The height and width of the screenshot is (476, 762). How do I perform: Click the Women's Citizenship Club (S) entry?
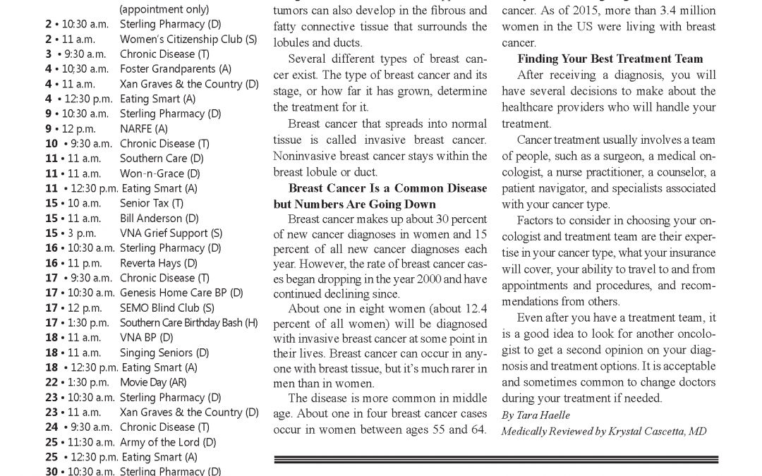click(x=188, y=39)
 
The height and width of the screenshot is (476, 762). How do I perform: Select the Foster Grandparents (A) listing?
click(x=175, y=68)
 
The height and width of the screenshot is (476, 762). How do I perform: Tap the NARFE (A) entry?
click(x=144, y=128)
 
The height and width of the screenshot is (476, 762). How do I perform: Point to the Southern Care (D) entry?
click(x=162, y=159)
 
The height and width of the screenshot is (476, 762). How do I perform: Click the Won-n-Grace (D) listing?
click(x=159, y=173)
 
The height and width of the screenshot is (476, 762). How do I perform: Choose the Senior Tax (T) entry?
click(x=152, y=203)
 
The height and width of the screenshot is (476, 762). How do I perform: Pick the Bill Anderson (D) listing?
click(x=159, y=219)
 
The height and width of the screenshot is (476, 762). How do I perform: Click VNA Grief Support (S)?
click(x=171, y=233)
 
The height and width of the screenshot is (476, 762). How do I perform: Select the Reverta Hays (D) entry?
click(x=158, y=263)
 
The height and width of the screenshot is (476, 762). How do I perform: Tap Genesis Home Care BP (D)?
click(x=181, y=293)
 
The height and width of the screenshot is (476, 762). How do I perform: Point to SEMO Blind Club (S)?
click(x=167, y=308)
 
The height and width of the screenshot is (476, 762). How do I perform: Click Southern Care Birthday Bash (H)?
click(x=188, y=323)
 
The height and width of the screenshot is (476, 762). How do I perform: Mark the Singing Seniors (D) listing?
click(x=164, y=353)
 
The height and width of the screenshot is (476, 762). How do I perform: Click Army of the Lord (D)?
click(x=168, y=442)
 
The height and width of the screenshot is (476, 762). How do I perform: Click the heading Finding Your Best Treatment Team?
click(x=610, y=59)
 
